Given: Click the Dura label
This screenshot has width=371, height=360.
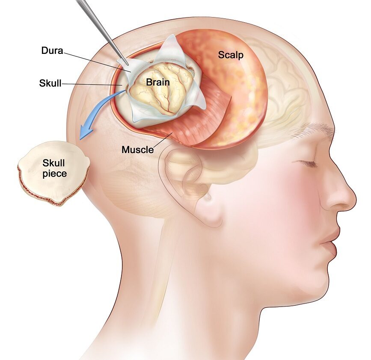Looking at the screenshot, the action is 52,50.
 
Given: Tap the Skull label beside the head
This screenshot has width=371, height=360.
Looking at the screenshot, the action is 50,83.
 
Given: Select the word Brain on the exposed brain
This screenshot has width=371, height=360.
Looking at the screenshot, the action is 158,82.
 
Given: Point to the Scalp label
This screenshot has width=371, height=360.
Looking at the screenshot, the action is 231,55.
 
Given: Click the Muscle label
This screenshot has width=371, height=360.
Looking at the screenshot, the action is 137,149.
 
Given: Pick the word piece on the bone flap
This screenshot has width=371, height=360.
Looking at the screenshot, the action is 54,174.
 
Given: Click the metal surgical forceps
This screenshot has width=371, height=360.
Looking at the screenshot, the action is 102,32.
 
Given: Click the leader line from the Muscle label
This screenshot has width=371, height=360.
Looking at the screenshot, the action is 163,140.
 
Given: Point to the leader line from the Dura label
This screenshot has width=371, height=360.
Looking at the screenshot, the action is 97,62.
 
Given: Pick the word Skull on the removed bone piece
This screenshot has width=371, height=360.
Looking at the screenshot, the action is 53,163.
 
